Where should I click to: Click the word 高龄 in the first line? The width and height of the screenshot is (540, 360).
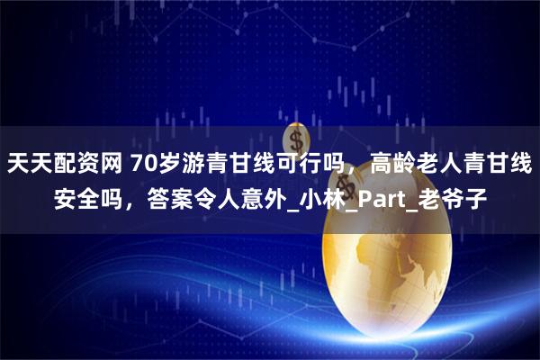[395, 165]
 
